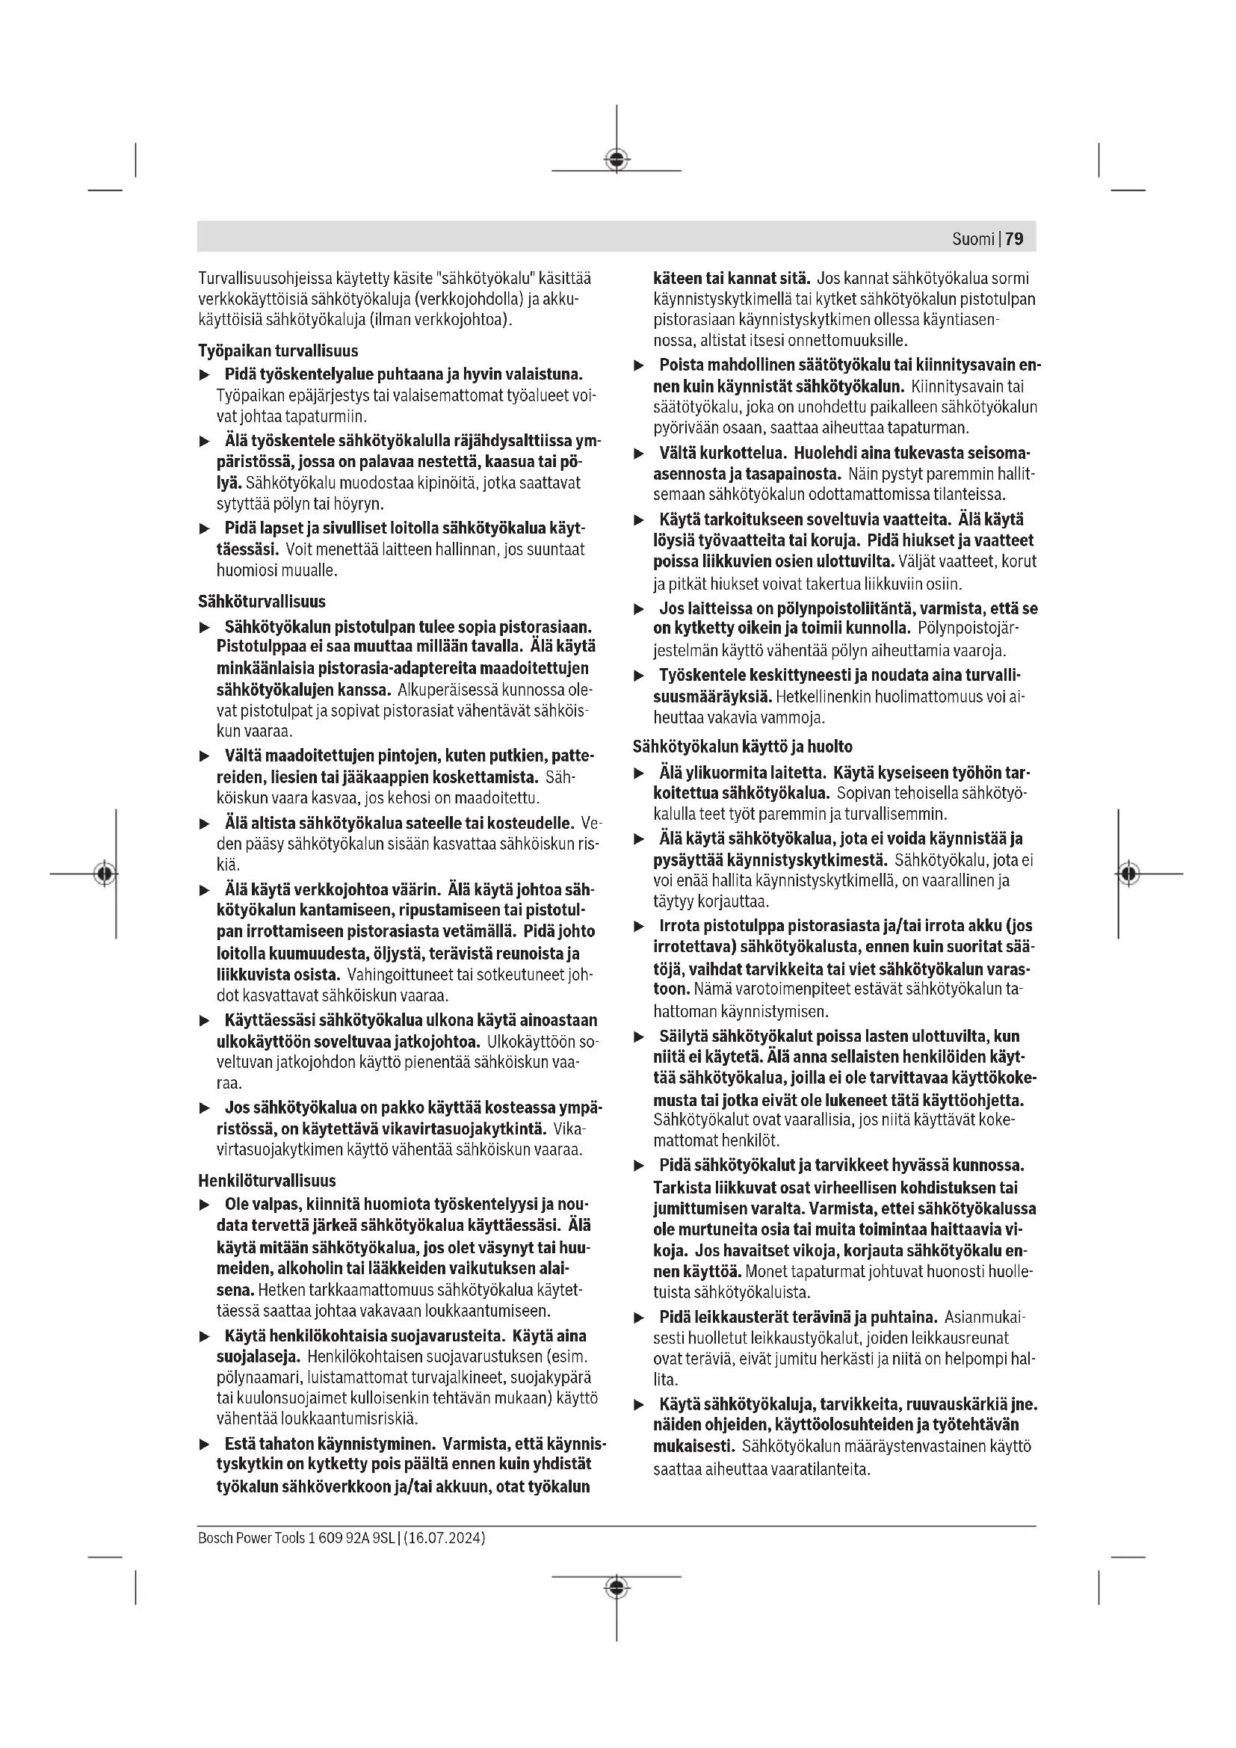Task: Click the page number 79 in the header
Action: click(1014, 239)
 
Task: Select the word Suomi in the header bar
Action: click(973, 239)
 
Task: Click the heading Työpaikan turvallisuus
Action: click(278, 351)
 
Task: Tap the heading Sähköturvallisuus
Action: click(261, 602)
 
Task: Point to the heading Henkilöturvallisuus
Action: click(266, 1181)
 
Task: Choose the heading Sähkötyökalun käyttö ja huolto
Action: click(742, 747)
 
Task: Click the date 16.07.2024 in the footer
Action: click(445, 1538)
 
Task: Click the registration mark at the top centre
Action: click(617, 160)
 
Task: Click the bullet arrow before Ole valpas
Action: click(204, 1205)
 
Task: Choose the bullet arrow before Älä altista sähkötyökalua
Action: click(204, 824)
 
